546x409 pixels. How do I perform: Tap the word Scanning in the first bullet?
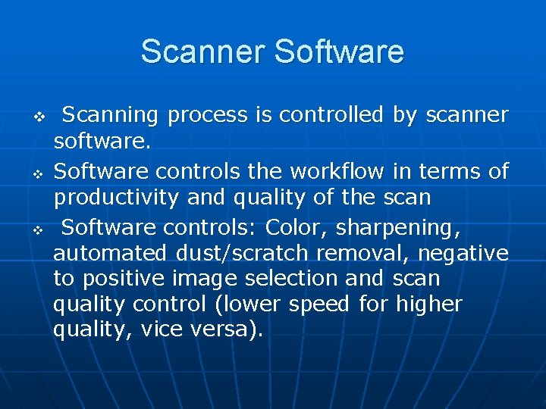110,115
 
